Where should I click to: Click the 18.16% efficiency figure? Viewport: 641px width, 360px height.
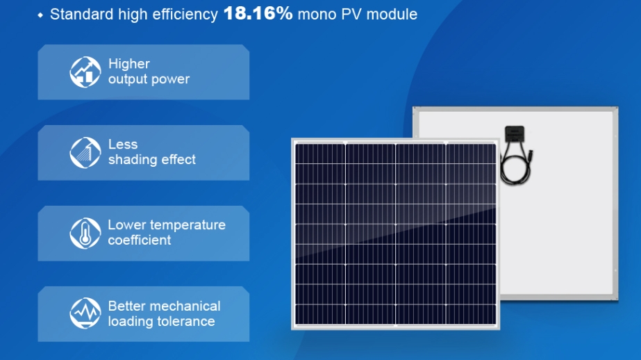coord(258,13)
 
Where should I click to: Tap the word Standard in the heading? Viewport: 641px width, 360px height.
coord(82,15)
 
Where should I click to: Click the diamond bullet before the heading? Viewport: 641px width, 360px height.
coord(40,15)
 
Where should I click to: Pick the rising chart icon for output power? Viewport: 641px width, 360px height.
coord(85,72)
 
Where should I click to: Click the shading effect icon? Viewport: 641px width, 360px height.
coord(85,153)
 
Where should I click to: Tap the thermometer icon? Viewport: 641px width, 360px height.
coord(85,234)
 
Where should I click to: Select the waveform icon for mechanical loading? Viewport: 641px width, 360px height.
coord(85,313)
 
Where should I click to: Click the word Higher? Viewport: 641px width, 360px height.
coord(129,64)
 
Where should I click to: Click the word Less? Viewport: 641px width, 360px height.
coord(123,145)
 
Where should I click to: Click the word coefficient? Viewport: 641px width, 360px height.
coord(140,240)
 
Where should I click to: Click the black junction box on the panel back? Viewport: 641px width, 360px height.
coord(515,133)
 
